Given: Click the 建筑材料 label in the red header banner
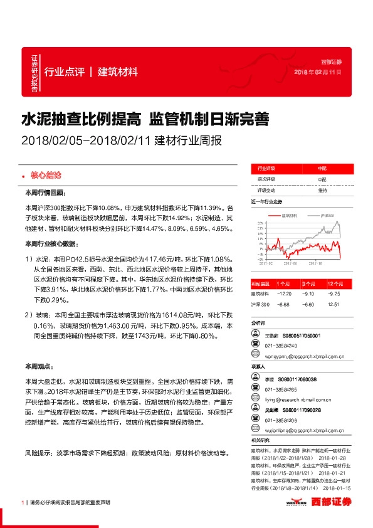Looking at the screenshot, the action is (117, 71).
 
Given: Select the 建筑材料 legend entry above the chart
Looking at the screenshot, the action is (289, 214).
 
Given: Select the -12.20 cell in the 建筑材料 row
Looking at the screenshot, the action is (285, 293).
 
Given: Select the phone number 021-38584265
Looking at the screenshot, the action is (281, 389).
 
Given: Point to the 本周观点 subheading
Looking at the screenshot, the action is (38, 366).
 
